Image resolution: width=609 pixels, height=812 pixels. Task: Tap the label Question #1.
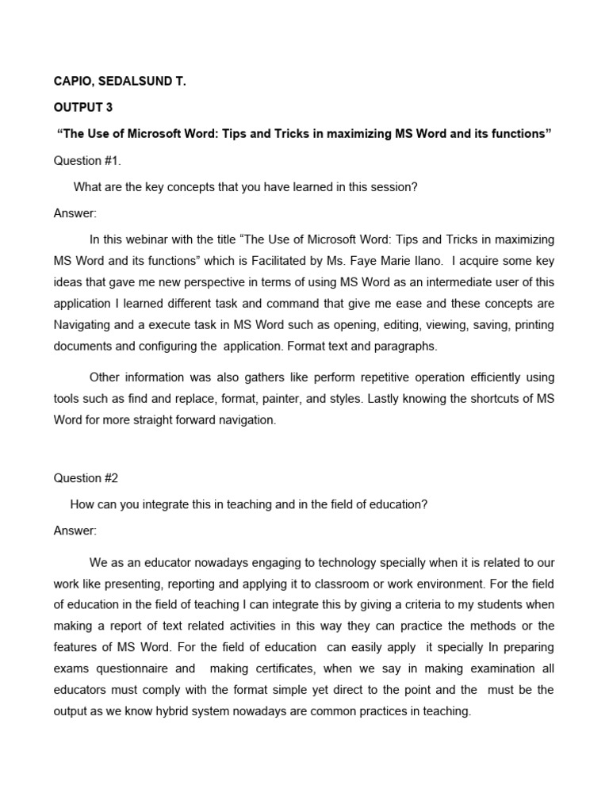87,161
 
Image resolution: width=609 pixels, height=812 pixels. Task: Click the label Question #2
86,478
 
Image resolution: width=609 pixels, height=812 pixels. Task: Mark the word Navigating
82,324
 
